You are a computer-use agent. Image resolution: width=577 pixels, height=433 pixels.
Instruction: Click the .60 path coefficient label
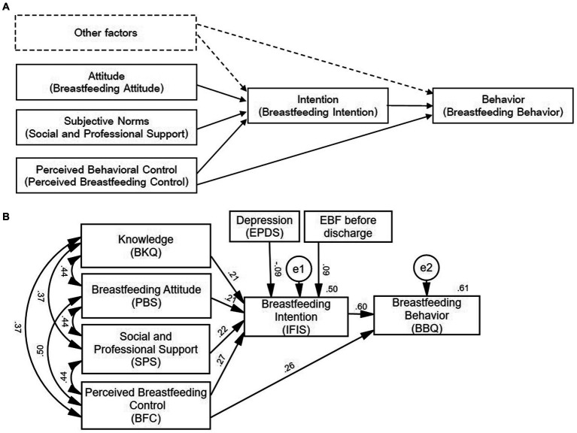click(x=360, y=307)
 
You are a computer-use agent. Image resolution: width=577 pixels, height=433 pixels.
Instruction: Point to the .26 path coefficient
click(x=290, y=366)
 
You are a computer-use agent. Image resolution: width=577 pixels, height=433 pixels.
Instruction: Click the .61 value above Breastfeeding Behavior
click(x=463, y=288)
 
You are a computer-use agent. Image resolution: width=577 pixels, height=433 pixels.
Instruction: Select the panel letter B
click(x=5, y=216)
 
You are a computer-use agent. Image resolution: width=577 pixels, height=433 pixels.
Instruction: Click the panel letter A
click(x=5, y=6)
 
